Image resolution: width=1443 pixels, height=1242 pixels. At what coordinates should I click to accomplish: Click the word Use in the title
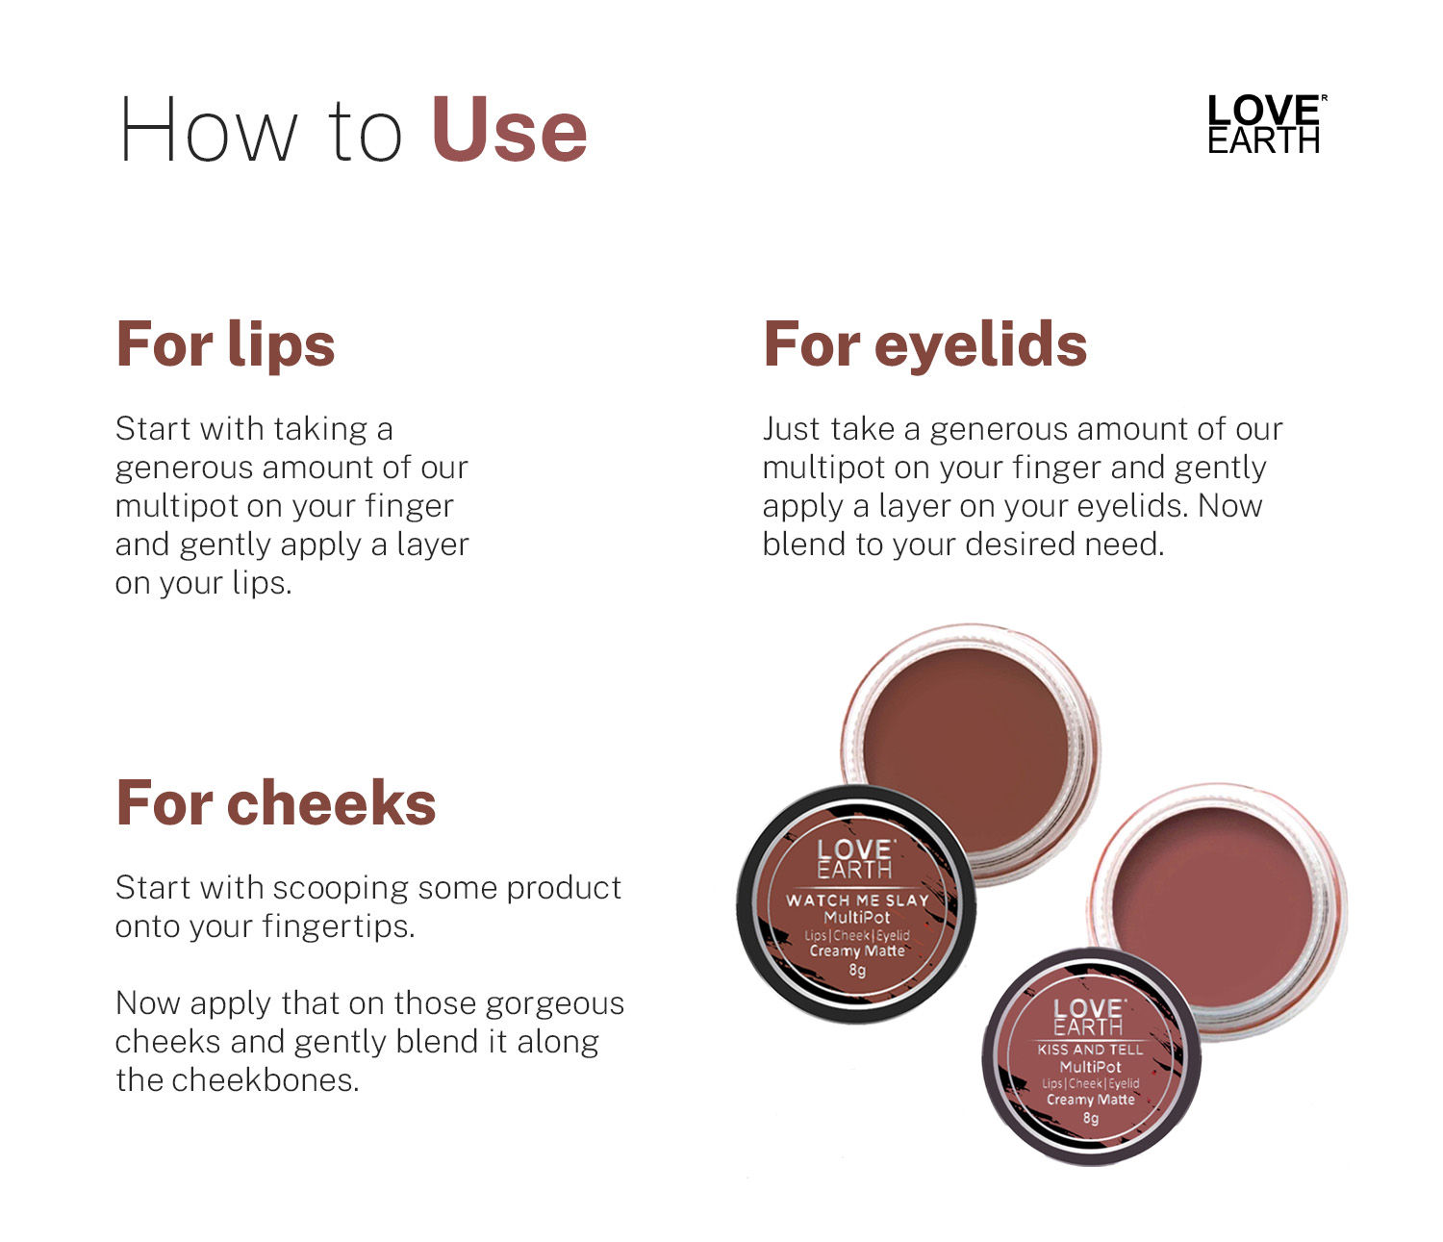click(509, 130)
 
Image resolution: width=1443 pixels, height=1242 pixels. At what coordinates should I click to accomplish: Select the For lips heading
click(225, 344)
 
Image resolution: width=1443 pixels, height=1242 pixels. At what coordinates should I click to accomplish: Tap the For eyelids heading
click(925, 343)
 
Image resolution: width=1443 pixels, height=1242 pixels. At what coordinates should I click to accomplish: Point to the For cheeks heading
click(276, 803)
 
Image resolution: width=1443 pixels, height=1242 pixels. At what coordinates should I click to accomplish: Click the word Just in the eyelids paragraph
click(791, 429)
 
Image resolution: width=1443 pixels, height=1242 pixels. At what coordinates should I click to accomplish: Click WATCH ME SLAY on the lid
click(857, 900)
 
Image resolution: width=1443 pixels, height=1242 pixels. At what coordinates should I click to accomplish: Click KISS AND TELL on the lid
click(1090, 1050)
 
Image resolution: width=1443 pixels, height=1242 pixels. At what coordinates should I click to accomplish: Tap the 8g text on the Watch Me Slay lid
click(857, 971)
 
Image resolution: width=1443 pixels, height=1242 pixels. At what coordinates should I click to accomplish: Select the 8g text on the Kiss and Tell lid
click(1091, 1118)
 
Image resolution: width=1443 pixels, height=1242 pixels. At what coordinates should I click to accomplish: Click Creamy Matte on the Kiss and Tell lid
click(1091, 1099)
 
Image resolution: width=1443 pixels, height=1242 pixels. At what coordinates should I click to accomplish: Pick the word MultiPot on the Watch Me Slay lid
click(856, 918)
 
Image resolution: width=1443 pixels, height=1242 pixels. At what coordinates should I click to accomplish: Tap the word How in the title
click(208, 130)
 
